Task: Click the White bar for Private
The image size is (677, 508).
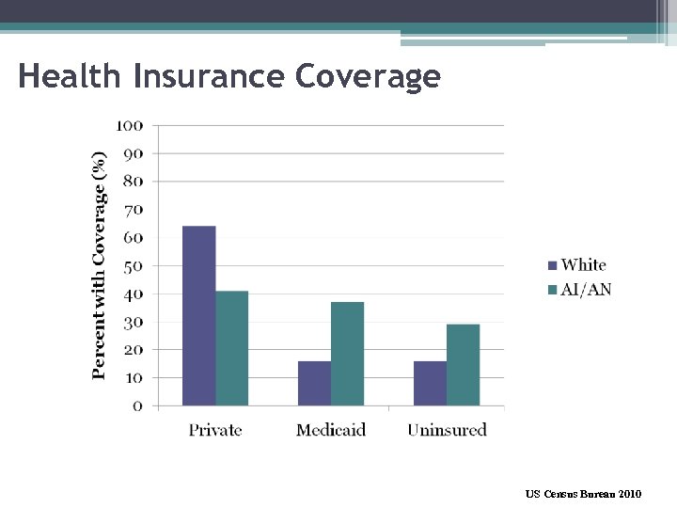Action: [x=198, y=316]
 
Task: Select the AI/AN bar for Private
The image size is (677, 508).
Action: [x=231, y=349]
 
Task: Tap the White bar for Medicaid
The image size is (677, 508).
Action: [x=314, y=384]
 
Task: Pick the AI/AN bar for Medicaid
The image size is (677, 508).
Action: [x=347, y=355]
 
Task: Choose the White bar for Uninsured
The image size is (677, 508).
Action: [x=430, y=384]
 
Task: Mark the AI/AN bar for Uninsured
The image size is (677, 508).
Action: [x=463, y=366]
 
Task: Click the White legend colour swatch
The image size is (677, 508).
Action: [x=553, y=266]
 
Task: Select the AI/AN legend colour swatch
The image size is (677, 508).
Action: [x=553, y=290]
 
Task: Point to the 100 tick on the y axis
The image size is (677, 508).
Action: [x=130, y=125]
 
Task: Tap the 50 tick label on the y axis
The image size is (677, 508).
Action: [x=134, y=266]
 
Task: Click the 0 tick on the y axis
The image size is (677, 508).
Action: [x=138, y=406]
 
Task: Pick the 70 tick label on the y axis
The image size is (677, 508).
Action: [x=134, y=210]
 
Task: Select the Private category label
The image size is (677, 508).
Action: [x=215, y=430]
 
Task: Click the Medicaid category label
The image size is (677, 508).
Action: [x=331, y=430]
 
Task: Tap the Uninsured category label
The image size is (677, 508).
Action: [x=447, y=430]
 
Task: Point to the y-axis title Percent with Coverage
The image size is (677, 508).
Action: [x=100, y=266]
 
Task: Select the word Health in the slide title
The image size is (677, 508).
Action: [x=71, y=75]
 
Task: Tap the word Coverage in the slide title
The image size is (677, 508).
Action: [x=368, y=75]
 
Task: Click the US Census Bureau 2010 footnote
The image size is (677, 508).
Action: [x=583, y=493]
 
